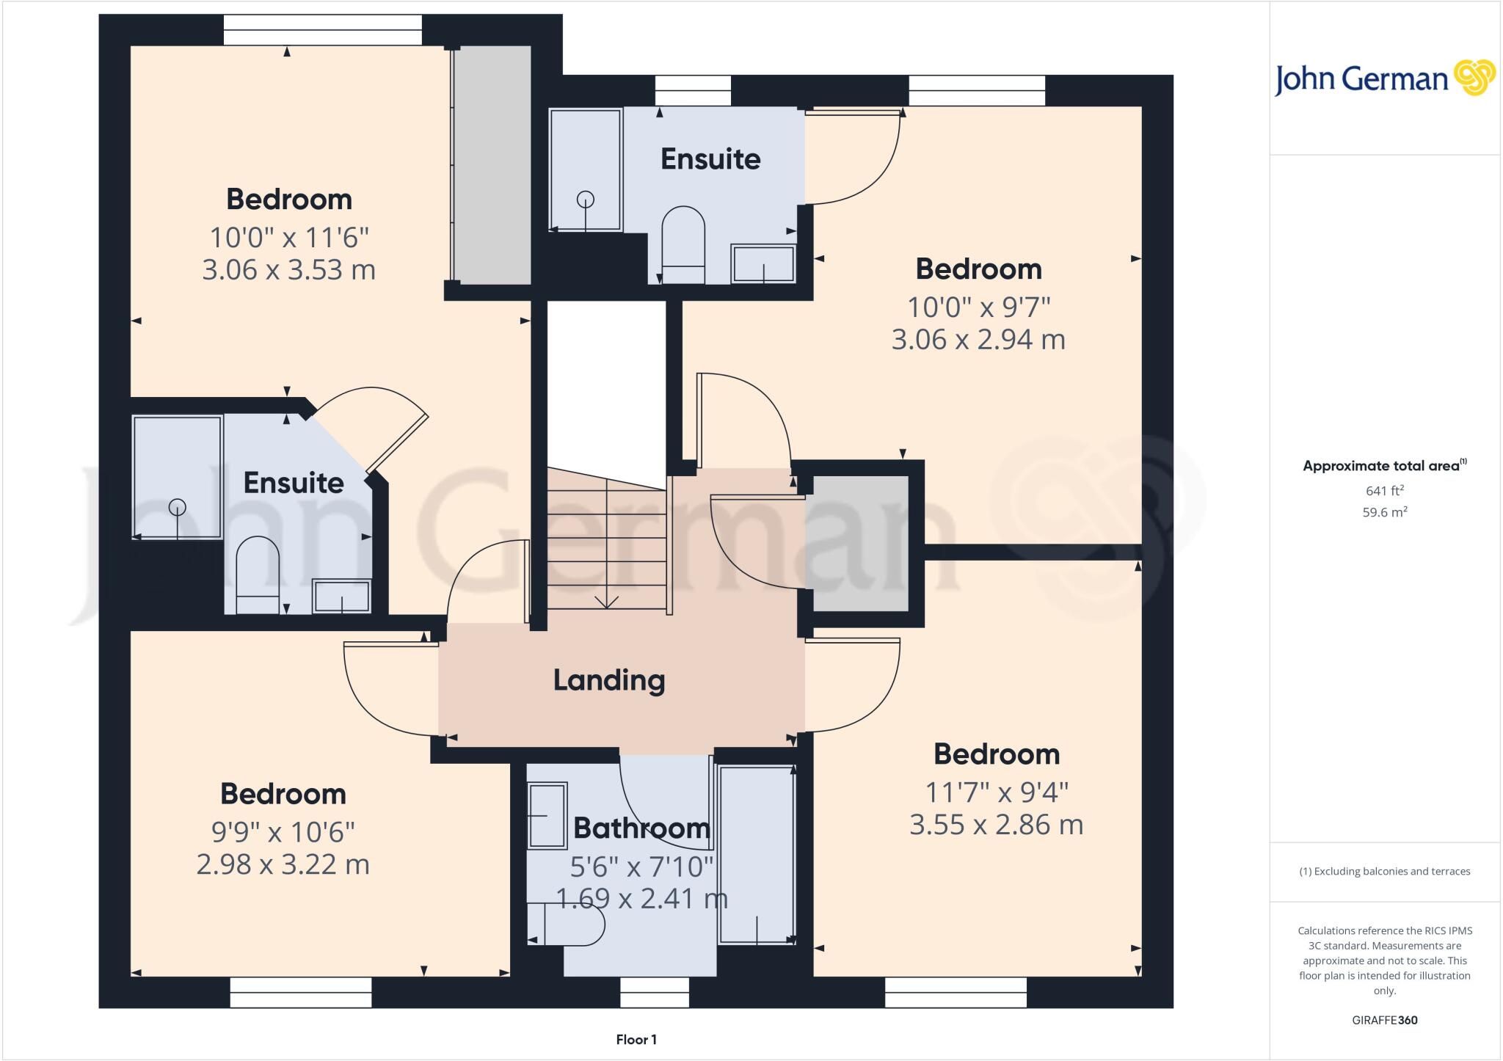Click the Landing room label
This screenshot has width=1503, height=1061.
(x=609, y=680)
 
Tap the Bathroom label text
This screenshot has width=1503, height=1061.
(x=642, y=828)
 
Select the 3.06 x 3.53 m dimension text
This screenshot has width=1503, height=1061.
(x=289, y=270)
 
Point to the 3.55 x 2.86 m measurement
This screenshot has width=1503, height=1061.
(x=997, y=825)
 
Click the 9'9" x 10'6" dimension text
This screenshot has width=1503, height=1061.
(x=283, y=832)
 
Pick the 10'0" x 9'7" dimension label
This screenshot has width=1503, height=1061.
(x=979, y=307)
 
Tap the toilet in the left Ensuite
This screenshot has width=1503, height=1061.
(x=258, y=575)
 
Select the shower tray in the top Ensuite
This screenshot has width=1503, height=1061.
(x=586, y=170)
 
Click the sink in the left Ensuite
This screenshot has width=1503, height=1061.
(x=341, y=596)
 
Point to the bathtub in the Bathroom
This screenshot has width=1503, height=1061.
(x=757, y=855)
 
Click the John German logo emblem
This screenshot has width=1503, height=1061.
(x=1474, y=78)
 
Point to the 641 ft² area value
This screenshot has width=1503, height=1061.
(x=1385, y=490)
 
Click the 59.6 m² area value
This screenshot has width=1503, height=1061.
(x=1385, y=512)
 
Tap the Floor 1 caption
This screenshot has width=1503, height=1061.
(x=636, y=1040)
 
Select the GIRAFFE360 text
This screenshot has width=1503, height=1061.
(x=1385, y=1020)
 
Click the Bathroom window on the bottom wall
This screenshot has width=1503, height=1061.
(x=655, y=992)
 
